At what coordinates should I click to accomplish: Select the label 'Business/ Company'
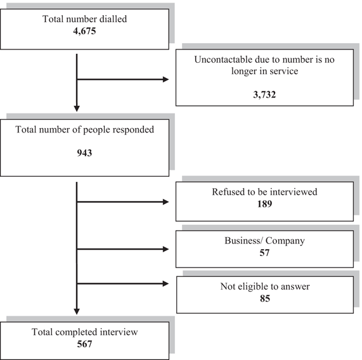[265, 241]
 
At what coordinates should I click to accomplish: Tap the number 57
[265, 253]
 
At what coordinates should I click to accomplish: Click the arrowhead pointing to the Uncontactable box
[166, 80]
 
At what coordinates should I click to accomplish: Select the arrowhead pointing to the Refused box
[166, 202]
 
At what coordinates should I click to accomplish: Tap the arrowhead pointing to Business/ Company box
[166, 248]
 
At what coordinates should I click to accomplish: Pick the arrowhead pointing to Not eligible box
[166, 283]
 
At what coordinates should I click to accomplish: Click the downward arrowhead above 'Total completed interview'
[77, 311]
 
